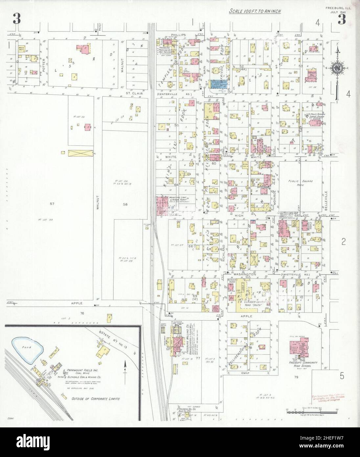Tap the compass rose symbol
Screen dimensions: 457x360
[x=338, y=68]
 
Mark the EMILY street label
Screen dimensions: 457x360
[x=246, y=373]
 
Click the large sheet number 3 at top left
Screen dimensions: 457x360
[x=17, y=20]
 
